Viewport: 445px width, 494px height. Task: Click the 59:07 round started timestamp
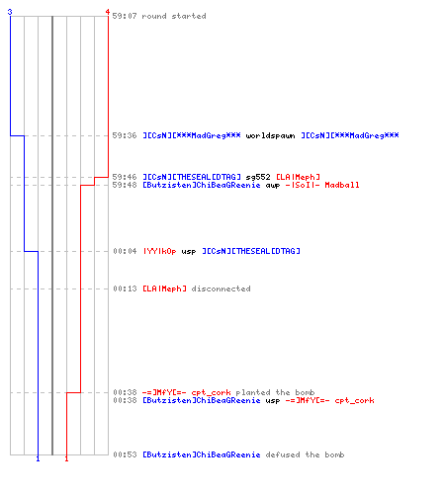click(125, 16)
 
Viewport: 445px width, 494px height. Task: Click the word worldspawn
click(270, 135)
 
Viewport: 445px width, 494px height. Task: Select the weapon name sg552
click(258, 177)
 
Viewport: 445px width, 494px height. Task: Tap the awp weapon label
click(273, 186)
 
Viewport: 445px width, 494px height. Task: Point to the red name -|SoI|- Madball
click(322, 185)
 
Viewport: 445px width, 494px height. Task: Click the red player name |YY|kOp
click(159, 251)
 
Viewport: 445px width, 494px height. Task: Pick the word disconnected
click(221, 288)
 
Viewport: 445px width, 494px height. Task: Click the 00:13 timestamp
click(125, 288)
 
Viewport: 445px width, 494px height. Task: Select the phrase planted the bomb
click(275, 392)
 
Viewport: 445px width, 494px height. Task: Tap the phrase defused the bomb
click(305, 454)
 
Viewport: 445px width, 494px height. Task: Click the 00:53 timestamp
click(125, 454)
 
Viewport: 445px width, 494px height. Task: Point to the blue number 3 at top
click(10, 12)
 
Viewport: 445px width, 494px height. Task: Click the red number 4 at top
click(108, 12)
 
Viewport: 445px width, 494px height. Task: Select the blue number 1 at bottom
click(38, 458)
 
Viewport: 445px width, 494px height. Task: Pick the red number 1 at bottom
click(66, 458)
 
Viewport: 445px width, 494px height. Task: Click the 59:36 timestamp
click(125, 135)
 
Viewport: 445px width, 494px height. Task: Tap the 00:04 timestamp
click(125, 251)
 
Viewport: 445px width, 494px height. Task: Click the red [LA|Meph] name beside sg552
click(298, 177)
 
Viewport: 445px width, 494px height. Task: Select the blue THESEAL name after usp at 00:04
click(251, 251)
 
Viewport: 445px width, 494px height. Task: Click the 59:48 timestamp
click(125, 185)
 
